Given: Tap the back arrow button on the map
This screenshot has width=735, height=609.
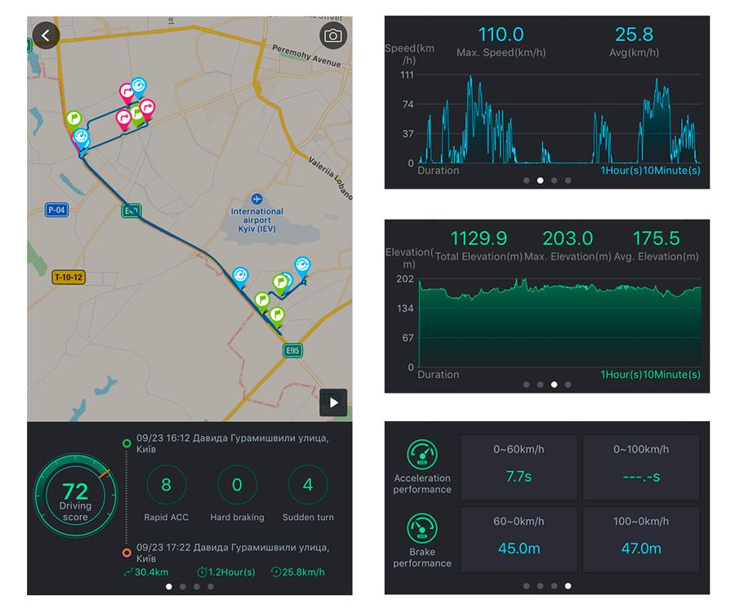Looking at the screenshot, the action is (46, 35).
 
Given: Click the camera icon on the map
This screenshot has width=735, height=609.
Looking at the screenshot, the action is (333, 36).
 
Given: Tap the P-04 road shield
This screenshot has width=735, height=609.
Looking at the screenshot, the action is (56, 210).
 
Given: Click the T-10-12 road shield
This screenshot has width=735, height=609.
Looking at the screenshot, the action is (69, 277).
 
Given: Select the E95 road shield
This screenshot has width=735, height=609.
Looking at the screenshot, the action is (292, 350).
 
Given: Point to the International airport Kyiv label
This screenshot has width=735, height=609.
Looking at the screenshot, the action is (257, 220).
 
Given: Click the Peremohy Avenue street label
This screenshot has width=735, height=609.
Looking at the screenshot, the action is (306, 56).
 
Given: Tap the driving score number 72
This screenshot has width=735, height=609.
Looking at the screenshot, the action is (75, 491).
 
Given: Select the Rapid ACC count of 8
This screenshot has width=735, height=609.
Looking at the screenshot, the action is (166, 484).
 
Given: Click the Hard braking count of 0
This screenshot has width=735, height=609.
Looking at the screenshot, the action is (237, 484).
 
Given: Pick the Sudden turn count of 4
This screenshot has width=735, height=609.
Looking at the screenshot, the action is (308, 484).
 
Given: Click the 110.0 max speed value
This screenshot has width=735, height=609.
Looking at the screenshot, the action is (501, 34).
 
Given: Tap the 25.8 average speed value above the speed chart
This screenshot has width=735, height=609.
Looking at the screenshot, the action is (634, 34).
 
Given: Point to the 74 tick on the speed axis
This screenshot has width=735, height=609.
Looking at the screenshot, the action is (408, 104).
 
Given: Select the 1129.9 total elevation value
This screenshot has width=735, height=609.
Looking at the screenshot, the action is (479, 238).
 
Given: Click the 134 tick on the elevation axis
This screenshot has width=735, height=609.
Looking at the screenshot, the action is (405, 309).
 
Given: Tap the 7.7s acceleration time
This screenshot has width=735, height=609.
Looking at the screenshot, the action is (519, 477).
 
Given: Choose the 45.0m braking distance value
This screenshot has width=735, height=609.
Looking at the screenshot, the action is (519, 549).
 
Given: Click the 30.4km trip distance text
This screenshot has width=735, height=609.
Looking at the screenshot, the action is (151, 572).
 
